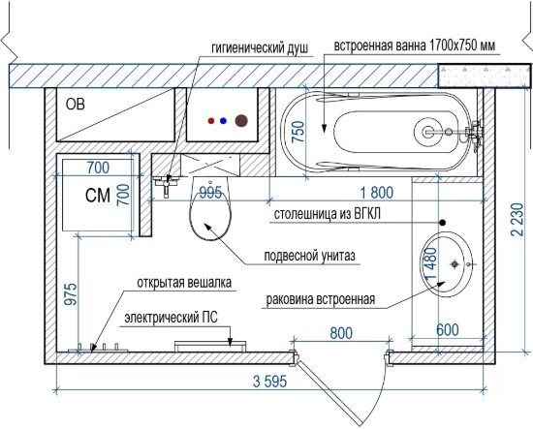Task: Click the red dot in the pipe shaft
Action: tap(211, 121)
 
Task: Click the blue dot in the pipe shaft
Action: tap(223, 121)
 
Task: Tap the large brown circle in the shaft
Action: tap(241, 121)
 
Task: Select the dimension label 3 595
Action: tap(270, 382)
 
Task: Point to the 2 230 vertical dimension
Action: tap(517, 220)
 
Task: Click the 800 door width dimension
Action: tap(341, 333)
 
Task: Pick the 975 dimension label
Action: tap(72, 294)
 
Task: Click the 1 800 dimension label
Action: tap(377, 193)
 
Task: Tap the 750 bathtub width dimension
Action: tap(298, 132)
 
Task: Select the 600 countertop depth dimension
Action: tap(448, 329)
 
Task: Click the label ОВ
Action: tap(76, 105)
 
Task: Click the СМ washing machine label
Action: tap(98, 196)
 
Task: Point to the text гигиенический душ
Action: tap(260, 47)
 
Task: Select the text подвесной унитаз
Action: tap(310, 255)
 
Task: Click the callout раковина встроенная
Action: tap(321, 299)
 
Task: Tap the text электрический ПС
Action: tap(171, 318)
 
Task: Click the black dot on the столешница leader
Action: tap(442, 223)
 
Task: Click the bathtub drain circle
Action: tap(428, 132)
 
